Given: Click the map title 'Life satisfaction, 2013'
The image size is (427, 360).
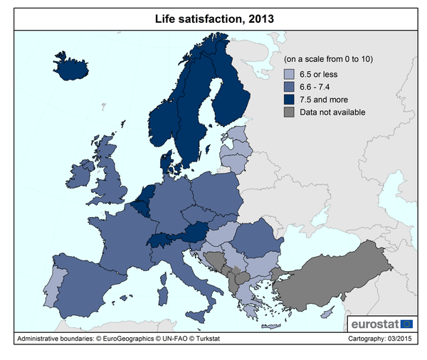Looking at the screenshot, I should click(x=213, y=19).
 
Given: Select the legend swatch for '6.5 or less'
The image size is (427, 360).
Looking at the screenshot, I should click(x=289, y=74).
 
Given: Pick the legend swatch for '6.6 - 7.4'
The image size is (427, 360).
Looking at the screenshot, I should click(x=289, y=87).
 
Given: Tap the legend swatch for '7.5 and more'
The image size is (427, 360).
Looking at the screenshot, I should click(x=289, y=100).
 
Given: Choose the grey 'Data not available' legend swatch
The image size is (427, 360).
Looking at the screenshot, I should click(x=289, y=112).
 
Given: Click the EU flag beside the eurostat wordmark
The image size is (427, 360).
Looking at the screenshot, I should click(x=407, y=324).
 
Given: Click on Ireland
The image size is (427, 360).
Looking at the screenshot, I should click(x=82, y=171).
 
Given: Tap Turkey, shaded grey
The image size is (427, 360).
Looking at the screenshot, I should click(x=342, y=270).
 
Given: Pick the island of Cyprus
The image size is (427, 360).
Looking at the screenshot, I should click(x=327, y=314).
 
